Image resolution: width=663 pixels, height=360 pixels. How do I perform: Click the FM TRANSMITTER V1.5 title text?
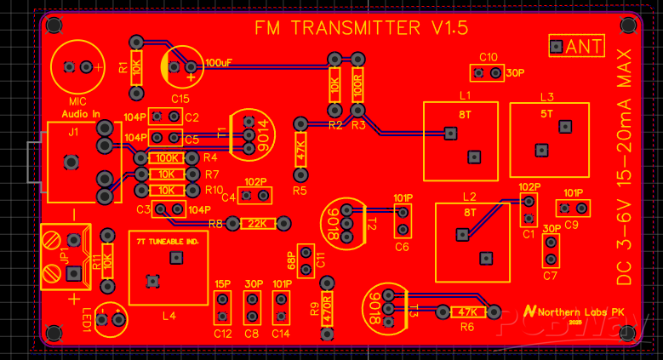pyautogui.click(x=362, y=28)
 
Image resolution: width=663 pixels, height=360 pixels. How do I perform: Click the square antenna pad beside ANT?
pyautogui.click(x=557, y=46)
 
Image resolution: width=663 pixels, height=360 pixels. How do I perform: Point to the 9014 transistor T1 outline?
pyautogui.click(x=249, y=134)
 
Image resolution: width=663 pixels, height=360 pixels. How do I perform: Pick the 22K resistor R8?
pyautogui.click(x=257, y=224)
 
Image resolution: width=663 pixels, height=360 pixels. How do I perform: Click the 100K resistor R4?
pyautogui.click(x=166, y=157)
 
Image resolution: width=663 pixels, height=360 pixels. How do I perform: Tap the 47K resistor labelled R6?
pyautogui.click(x=466, y=312)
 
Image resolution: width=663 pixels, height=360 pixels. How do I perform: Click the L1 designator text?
pyautogui.click(x=465, y=95)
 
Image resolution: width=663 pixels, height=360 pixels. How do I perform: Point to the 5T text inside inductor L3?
pyautogui.click(x=546, y=113)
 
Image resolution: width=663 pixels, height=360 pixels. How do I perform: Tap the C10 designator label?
pyautogui.click(x=489, y=57)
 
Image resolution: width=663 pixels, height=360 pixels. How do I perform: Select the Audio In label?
pyautogui.click(x=80, y=114)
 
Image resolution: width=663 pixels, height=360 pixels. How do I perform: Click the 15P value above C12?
pyautogui.click(x=223, y=283)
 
